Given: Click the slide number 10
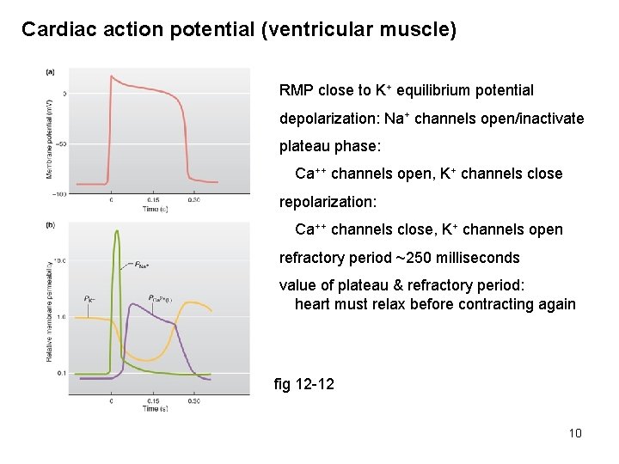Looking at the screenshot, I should tap(575, 432).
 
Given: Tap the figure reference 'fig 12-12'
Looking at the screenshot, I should tap(303, 384).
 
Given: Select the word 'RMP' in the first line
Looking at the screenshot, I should tap(297, 90).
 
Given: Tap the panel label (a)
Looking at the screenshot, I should tap(50, 72).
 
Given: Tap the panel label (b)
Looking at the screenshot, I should tap(50, 225).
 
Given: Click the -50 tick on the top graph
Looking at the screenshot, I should tap(61, 144).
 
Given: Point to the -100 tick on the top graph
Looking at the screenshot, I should tap(59, 194).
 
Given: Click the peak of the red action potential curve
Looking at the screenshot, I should tap(111, 76).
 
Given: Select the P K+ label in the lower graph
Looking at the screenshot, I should tap(89, 298).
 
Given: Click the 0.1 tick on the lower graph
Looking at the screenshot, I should tap(61, 373).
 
